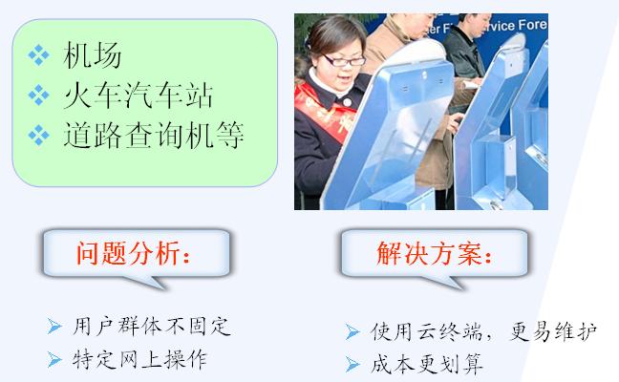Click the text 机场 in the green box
point(93,54)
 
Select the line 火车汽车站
point(139,95)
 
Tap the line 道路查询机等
point(153,135)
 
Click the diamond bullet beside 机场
point(38,54)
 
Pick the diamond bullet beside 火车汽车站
point(38,95)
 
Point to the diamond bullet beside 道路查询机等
point(38,135)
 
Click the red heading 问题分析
point(134,253)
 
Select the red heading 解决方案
point(435,253)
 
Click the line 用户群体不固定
point(151,327)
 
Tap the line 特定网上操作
point(139,359)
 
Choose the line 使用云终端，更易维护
point(484,331)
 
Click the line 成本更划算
point(427,364)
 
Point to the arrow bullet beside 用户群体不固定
point(54,327)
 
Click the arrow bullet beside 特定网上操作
point(54,359)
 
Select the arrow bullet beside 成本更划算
point(352,364)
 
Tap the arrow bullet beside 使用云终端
point(352,331)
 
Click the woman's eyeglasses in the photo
point(344,61)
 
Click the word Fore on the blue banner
point(532,25)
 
